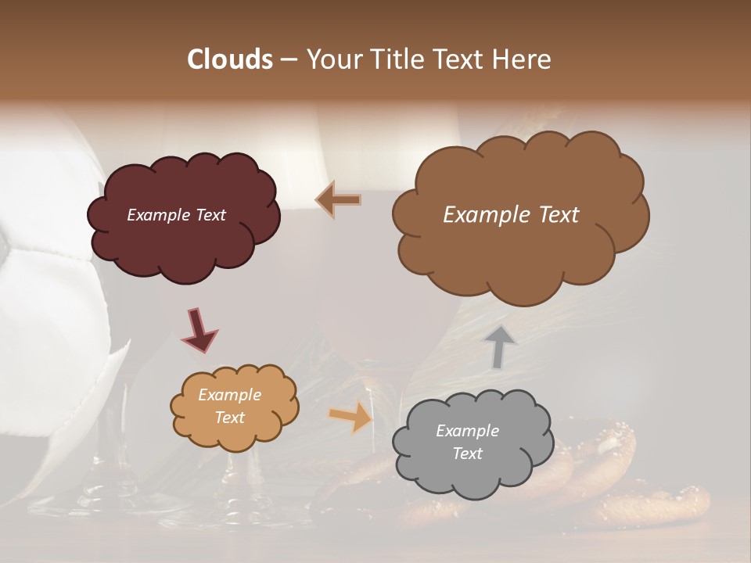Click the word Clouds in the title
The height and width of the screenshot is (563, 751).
(x=230, y=59)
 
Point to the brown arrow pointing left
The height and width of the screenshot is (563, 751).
(x=338, y=200)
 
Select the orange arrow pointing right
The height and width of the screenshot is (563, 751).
(x=351, y=416)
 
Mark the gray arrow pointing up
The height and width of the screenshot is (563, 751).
(x=500, y=346)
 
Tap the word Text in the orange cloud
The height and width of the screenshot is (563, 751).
(x=230, y=418)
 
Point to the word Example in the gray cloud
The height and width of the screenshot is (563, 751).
(x=467, y=431)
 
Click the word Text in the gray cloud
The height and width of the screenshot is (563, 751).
(x=467, y=454)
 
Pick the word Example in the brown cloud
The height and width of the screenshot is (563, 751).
(x=485, y=215)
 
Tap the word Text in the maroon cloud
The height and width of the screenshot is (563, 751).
(x=209, y=215)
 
